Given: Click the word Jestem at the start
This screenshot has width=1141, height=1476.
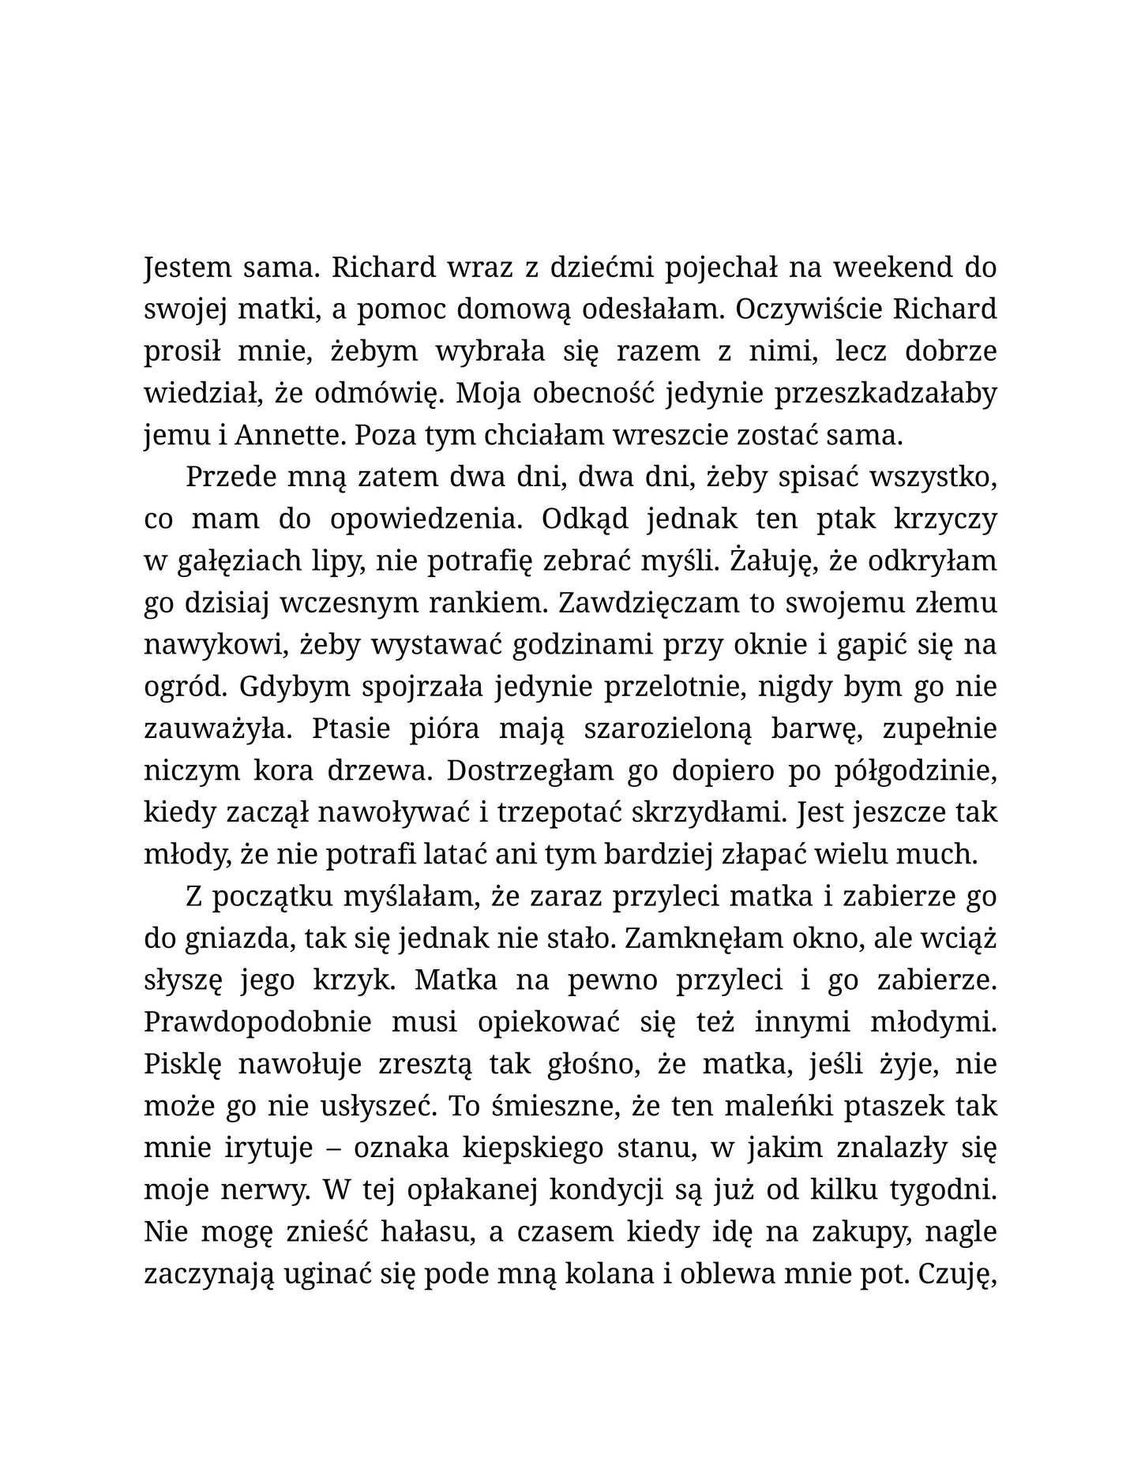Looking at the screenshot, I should point(182,268).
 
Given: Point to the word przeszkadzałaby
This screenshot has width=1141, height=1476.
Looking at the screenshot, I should point(885,393).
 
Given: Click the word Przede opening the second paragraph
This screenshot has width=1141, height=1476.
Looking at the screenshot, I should point(227,477).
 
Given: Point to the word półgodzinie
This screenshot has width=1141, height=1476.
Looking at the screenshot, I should point(915,770).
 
